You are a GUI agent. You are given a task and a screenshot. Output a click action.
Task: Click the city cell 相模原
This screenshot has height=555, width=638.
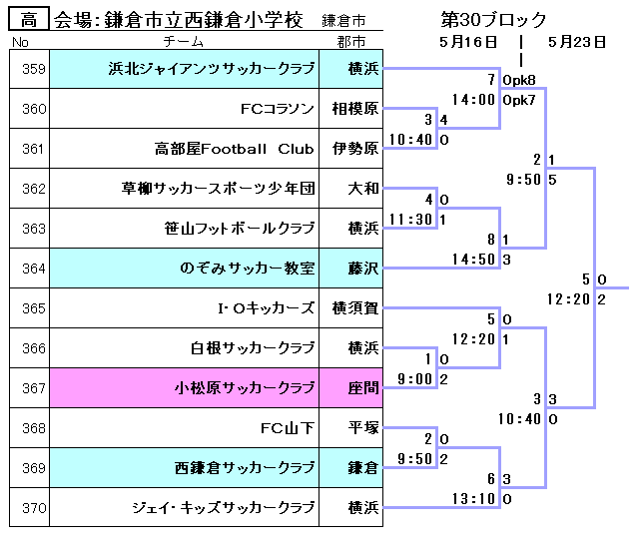pyautogui.click(x=354, y=109)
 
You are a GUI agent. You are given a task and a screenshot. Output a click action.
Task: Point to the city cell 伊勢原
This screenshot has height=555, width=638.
pyautogui.click(x=354, y=149)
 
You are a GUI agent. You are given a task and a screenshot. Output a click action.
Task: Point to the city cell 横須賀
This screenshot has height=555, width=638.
pyautogui.click(x=354, y=308)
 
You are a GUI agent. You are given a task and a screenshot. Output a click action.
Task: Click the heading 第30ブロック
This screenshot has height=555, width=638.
pyautogui.click(x=493, y=19)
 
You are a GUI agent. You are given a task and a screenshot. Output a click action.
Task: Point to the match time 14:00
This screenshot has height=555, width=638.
pyautogui.click(x=473, y=100)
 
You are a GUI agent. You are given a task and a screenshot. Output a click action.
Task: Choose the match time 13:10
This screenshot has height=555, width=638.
pyautogui.click(x=473, y=498)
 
